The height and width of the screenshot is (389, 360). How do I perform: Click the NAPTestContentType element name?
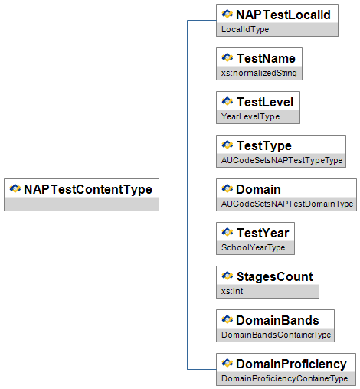pyautogui.click(x=88, y=190)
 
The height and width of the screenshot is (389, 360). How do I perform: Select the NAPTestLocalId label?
pyautogui.click(x=283, y=15)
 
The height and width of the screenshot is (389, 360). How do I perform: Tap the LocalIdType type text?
pyautogui.click(x=245, y=29)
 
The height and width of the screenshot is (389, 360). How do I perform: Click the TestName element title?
pyautogui.click(x=266, y=58)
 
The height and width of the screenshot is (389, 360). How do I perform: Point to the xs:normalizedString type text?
pyautogui.click(x=259, y=73)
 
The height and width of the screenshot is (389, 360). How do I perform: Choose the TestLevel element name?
pyautogui.click(x=265, y=102)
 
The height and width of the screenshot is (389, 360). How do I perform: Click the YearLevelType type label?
pyautogui.click(x=250, y=116)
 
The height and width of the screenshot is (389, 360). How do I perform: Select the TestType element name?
pyautogui.click(x=264, y=146)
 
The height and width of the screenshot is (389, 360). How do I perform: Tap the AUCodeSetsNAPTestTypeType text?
pyautogui.click(x=282, y=160)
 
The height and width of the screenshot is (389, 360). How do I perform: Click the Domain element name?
pyautogui.click(x=258, y=189)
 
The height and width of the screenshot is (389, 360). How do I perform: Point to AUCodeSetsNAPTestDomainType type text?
pyautogui.click(x=287, y=204)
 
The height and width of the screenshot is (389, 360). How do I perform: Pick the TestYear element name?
pyautogui.click(x=263, y=233)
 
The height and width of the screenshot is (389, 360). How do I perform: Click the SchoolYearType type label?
pyautogui.click(x=253, y=247)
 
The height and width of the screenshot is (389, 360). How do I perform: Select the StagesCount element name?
pyautogui.click(x=275, y=277)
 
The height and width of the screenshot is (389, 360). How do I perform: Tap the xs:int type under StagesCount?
pyautogui.click(x=232, y=291)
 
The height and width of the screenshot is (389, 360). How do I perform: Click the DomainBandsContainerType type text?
pyautogui.click(x=276, y=335)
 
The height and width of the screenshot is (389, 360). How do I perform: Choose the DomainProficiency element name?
pyautogui.click(x=291, y=364)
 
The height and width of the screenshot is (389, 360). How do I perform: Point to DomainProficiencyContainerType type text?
pyautogui.click(x=284, y=378)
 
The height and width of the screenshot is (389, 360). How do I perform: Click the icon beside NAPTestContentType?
pyautogui.click(x=15, y=188)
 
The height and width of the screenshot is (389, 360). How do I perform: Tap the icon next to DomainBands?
pyautogui.click(x=227, y=319)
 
